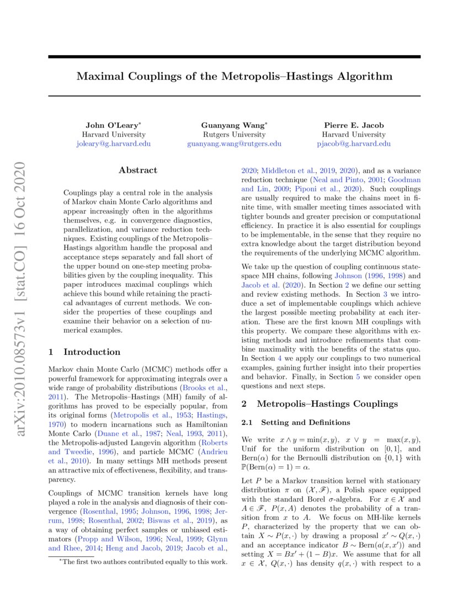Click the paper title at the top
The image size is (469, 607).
(234, 76)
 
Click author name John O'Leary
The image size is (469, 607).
(113, 125)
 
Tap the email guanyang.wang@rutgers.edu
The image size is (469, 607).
(234, 143)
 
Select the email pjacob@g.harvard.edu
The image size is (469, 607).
(354, 143)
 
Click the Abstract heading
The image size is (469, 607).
(138, 171)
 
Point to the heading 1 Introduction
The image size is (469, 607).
(84, 352)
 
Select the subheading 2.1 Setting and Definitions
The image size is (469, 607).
(296, 423)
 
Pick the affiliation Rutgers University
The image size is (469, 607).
(234, 134)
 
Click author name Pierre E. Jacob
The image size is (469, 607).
(354, 125)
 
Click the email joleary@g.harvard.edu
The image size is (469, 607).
(113, 143)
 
